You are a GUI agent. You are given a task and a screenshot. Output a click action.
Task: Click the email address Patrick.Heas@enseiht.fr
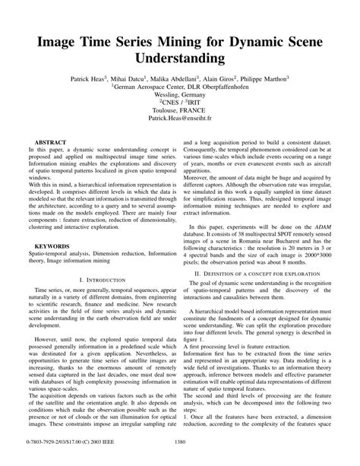pos(180,119)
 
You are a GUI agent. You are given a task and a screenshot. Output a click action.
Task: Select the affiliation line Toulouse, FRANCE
pos(180,110)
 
